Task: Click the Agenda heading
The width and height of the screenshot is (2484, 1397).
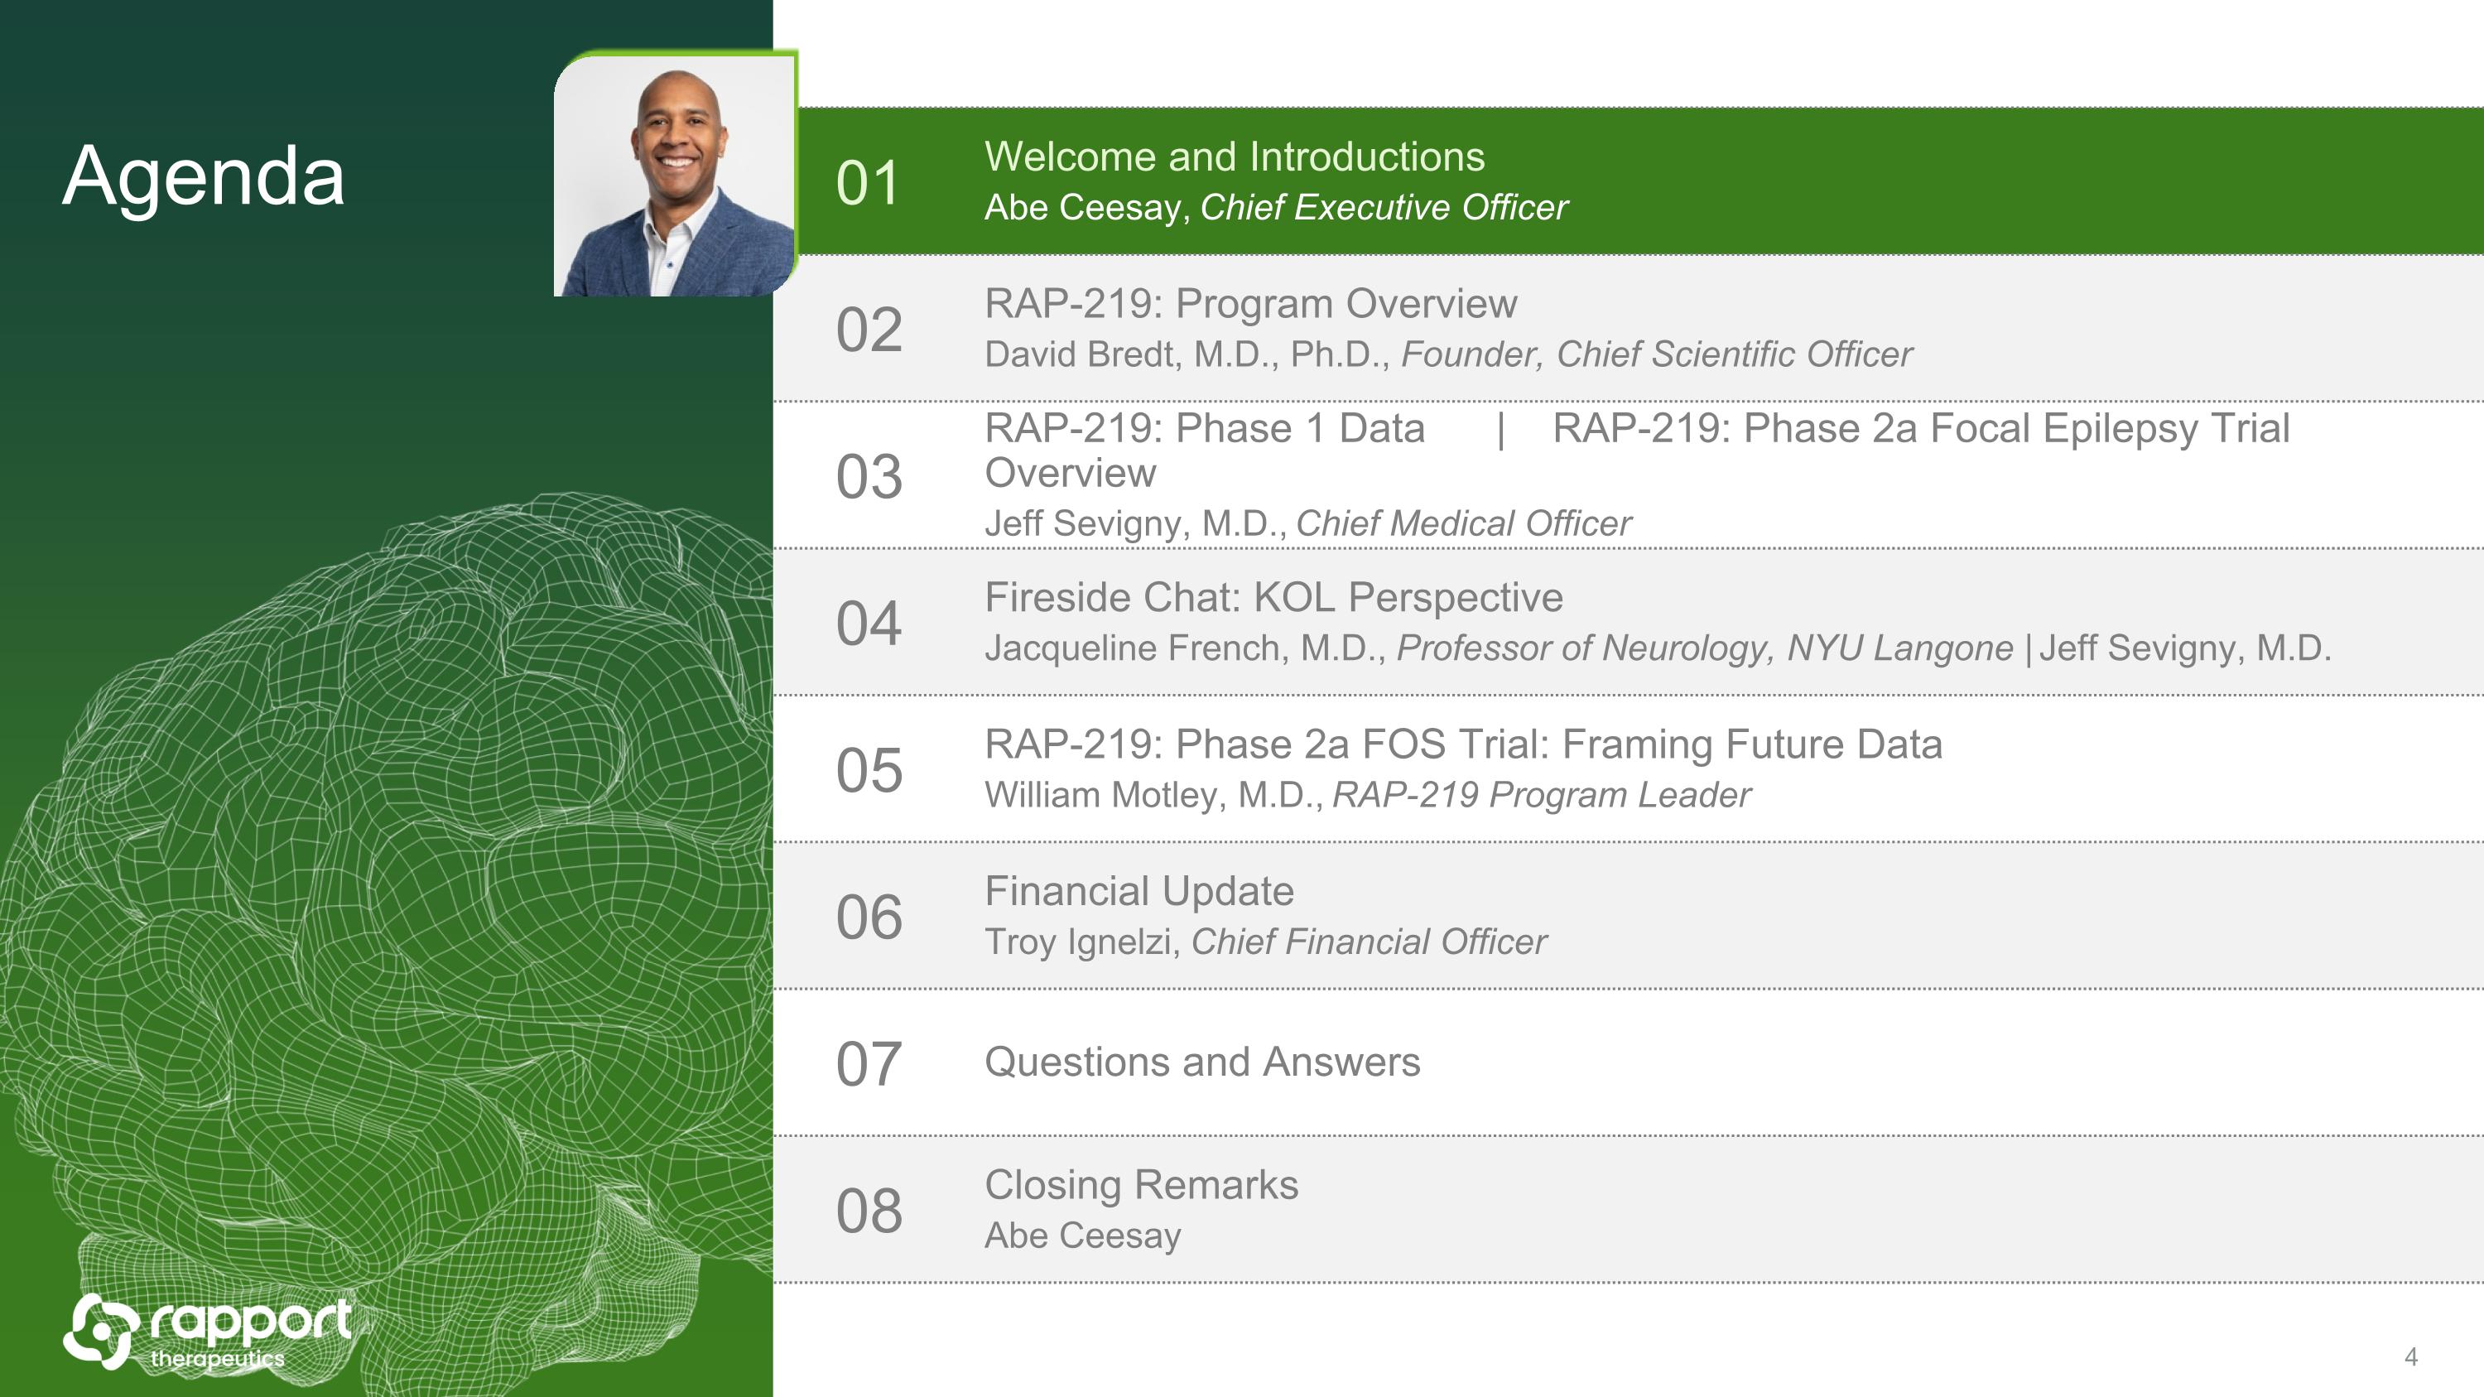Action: [x=204, y=177]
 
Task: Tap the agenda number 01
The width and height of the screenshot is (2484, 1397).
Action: [x=868, y=183]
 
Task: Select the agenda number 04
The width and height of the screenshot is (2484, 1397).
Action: [x=869, y=623]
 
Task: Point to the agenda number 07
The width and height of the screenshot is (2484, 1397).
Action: [x=869, y=1063]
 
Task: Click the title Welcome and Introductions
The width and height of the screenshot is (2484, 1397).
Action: [x=1235, y=157]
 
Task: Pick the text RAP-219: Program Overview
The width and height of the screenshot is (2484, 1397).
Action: [x=1250, y=304]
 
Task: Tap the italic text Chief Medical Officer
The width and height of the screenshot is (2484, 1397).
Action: [x=1464, y=523]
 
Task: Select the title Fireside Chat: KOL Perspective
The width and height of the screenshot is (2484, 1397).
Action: [x=1273, y=598]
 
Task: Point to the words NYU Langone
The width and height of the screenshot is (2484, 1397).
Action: [x=1899, y=648]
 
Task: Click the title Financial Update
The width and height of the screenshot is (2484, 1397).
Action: [x=1138, y=891]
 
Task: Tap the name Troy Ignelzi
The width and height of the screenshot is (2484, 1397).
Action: [x=1078, y=942]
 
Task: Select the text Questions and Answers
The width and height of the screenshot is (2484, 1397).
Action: [x=1202, y=1062]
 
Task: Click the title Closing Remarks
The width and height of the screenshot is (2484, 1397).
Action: [x=1142, y=1185]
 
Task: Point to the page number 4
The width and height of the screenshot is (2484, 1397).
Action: [x=2410, y=1356]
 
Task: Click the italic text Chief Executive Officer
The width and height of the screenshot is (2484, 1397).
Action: [x=1384, y=207]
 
